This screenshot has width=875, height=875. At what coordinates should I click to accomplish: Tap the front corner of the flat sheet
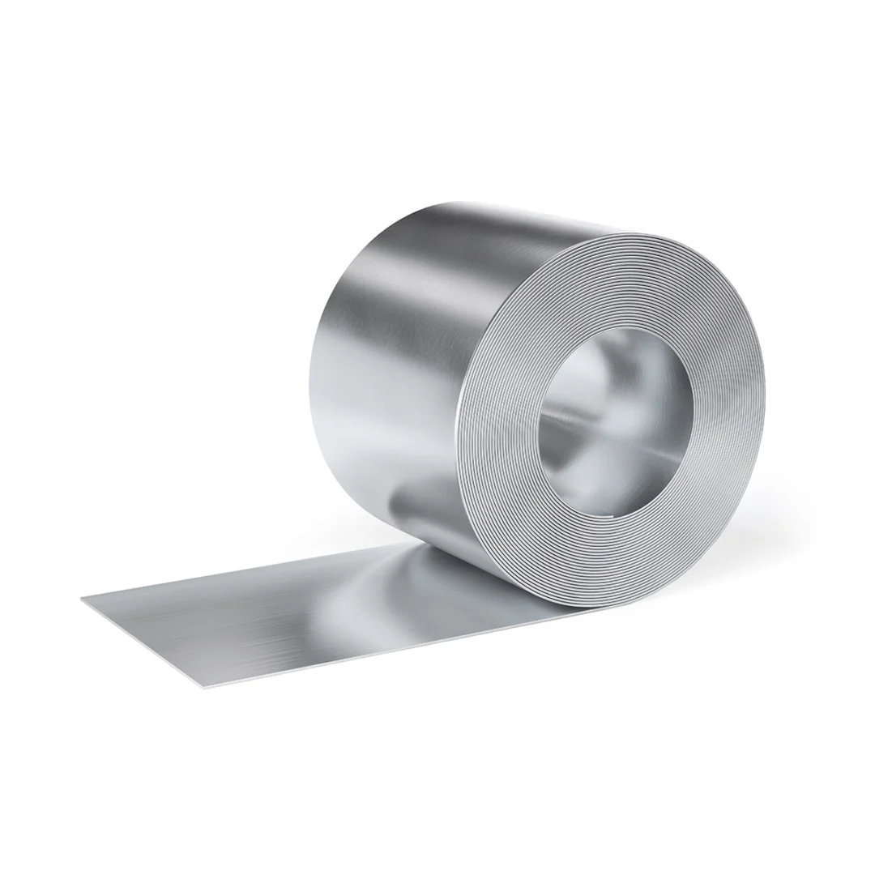coord(198,688)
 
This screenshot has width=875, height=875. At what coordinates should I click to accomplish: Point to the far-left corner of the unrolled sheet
coord(83,598)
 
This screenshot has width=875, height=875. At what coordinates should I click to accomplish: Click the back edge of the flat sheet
coord(243,571)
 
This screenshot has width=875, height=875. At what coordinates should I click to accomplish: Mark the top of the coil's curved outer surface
coord(486,215)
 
